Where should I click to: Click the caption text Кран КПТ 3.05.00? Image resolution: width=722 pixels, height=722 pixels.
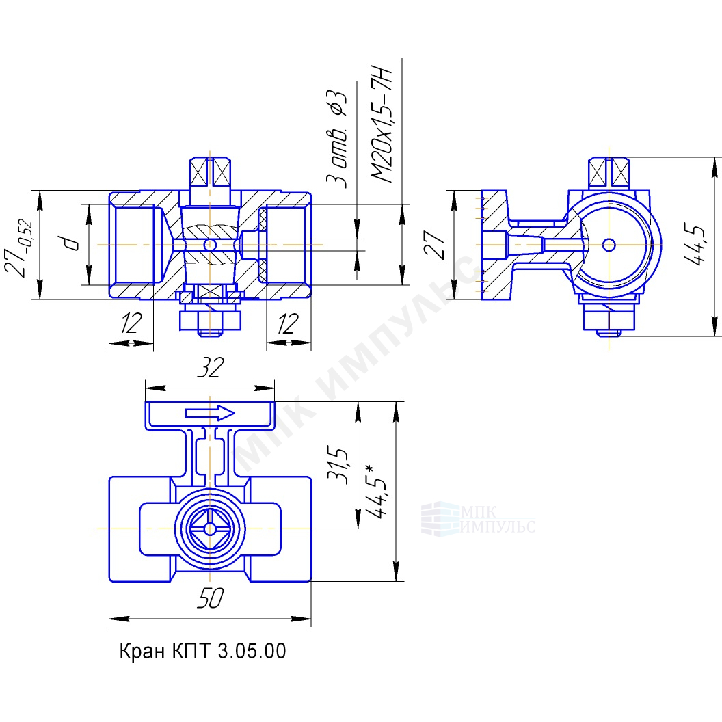pos(202,651)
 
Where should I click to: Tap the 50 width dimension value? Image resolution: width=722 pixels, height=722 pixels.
pos(210,598)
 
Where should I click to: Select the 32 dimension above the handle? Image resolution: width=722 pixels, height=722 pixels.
pos(210,367)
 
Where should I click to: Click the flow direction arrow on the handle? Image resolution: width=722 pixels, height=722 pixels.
pos(210,413)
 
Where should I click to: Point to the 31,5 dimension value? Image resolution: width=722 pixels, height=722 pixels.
pos(338,465)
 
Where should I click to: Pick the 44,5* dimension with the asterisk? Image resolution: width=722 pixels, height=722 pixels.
pos(375,492)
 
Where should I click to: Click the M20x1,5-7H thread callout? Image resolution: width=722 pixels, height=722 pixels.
pos(382,126)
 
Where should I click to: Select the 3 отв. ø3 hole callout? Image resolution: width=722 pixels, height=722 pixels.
pos(336,139)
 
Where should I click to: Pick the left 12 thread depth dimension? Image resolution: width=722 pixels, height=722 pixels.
pos(131,323)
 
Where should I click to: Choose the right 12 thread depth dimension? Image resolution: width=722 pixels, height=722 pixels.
pos(288,323)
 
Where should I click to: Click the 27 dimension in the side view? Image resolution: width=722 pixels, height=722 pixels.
pos(434,245)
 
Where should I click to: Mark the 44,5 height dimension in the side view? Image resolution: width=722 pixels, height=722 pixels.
pos(694,245)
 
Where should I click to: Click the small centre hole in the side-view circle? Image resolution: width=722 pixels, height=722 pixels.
pos(609,245)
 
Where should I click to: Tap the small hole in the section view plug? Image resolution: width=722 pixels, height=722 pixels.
pos(209,245)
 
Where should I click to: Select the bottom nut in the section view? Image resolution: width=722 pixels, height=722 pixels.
pos(210,321)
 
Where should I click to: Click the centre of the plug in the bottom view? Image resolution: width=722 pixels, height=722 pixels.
pos(209,529)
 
